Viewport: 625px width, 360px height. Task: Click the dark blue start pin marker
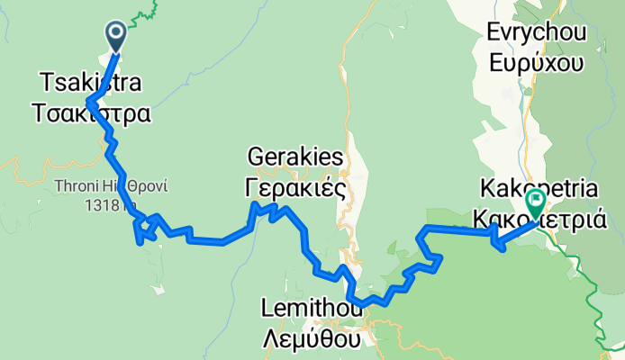point(117,35)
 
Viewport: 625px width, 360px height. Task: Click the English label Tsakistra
point(90,84)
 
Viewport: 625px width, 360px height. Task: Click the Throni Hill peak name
point(112,187)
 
